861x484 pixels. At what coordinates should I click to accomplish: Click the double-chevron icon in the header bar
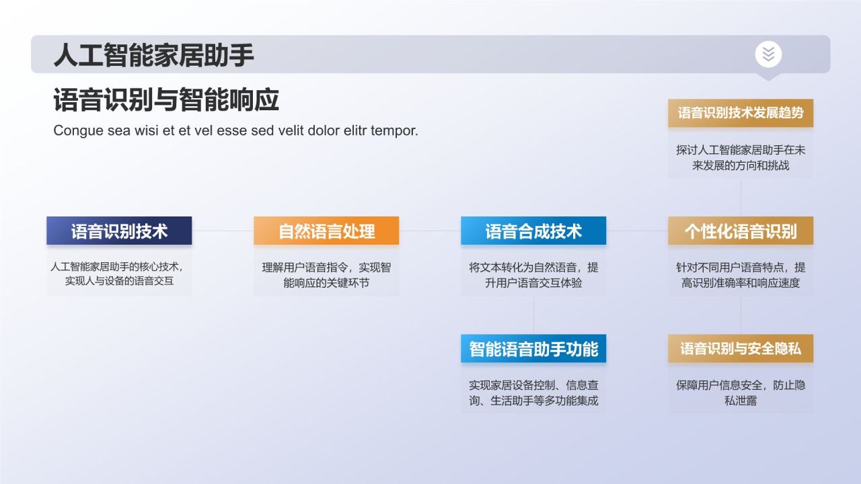coord(768,54)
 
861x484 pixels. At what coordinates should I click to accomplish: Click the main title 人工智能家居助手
coord(153,54)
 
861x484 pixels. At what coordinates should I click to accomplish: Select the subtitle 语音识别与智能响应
coord(165,100)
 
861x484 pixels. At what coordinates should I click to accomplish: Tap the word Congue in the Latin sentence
coord(78,130)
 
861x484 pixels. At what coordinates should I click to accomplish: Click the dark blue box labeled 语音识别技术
coord(119,231)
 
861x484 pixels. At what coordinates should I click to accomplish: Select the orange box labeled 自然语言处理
coord(326,231)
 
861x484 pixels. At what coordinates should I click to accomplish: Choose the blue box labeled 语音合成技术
coord(533,231)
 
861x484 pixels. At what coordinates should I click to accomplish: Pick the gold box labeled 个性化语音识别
coord(741,231)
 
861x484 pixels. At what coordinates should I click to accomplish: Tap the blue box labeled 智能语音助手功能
coord(533,349)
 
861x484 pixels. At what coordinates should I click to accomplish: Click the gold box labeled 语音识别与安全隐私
coord(741,349)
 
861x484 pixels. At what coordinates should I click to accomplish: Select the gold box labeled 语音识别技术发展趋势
coord(741,113)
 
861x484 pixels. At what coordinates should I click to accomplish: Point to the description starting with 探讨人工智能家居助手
coord(741,157)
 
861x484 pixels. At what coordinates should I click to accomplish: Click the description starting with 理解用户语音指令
coord(326,275)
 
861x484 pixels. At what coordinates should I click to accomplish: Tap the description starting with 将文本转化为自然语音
coord(533,275)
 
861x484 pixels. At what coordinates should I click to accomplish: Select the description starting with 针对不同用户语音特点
coord(741,275)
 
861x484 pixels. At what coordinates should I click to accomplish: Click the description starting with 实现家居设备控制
coord(533,393)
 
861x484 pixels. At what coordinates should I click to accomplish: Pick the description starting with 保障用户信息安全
coord(741,393)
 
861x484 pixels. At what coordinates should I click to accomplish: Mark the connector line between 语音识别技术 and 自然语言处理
coord(223,231)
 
